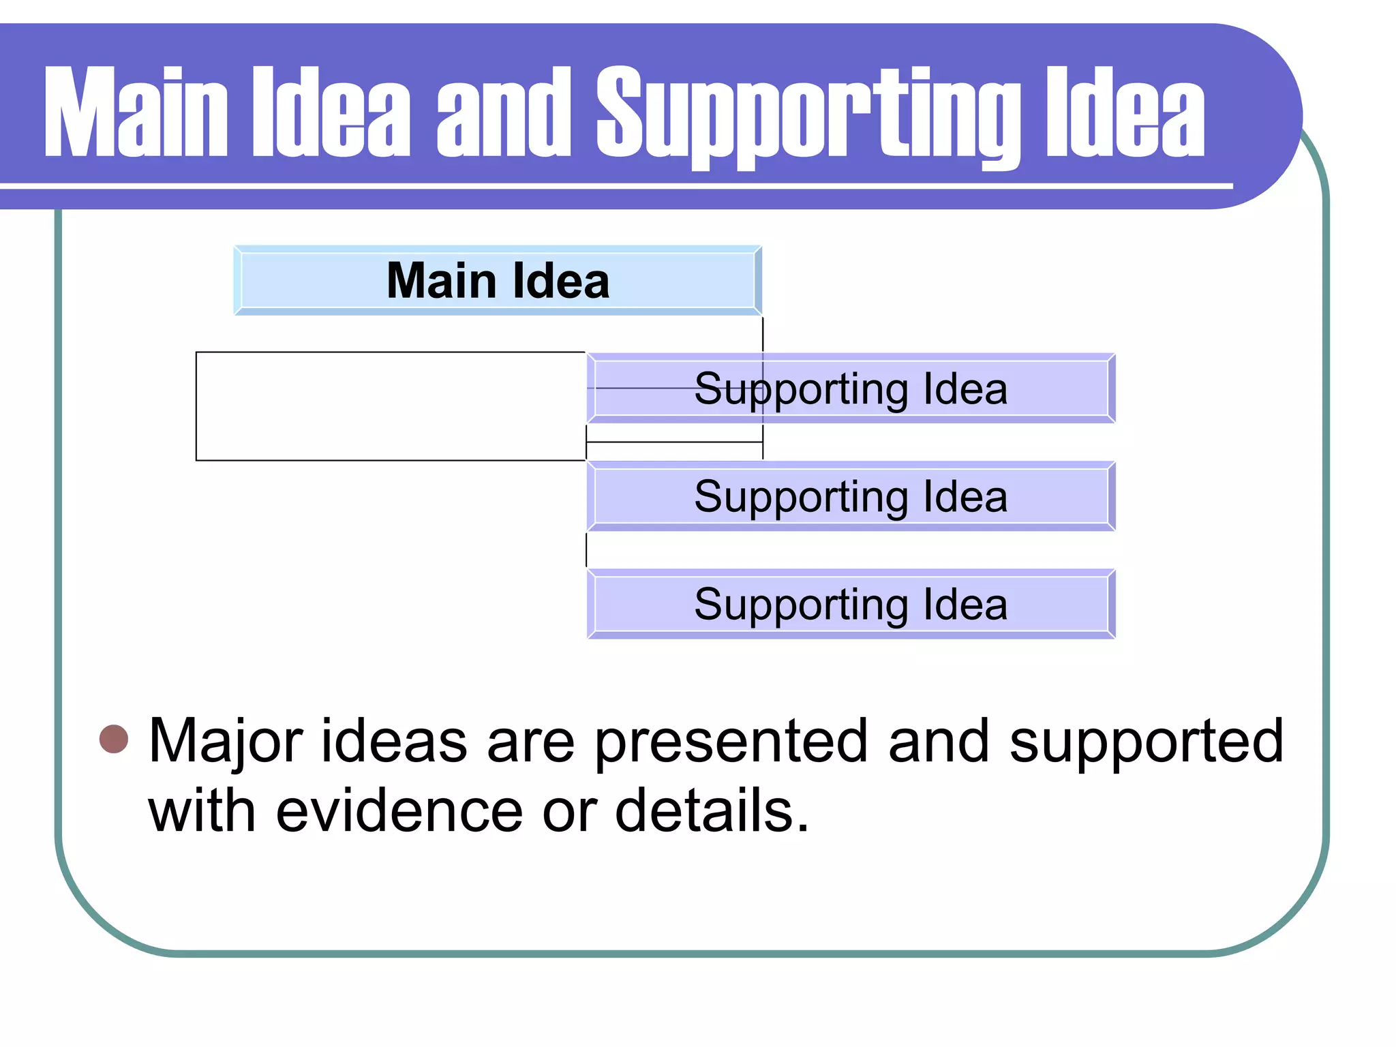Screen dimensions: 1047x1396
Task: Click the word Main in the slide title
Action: tap(136, 112)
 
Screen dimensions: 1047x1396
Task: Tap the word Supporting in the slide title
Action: tap(808, 116)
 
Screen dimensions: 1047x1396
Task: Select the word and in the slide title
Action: tap(504, 112)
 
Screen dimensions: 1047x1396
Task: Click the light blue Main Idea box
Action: tap(498, 280)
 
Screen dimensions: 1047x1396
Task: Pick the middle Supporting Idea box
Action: tap(851, 496)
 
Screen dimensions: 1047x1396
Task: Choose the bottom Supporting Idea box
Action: tap(851, 604)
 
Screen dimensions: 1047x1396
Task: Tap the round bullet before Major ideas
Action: tap(114, 740)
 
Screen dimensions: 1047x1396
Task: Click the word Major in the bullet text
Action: tap(226, 742)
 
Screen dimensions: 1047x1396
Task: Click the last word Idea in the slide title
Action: tap(1125, 112)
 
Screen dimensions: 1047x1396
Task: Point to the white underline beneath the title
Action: tap(613, 186)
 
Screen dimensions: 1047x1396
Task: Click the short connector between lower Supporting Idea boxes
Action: tap(586, 549)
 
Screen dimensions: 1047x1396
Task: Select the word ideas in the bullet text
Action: tap(394, 742)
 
